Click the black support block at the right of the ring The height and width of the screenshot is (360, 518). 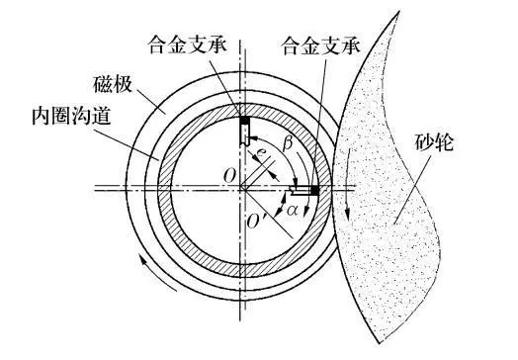(x=313, y=189)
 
